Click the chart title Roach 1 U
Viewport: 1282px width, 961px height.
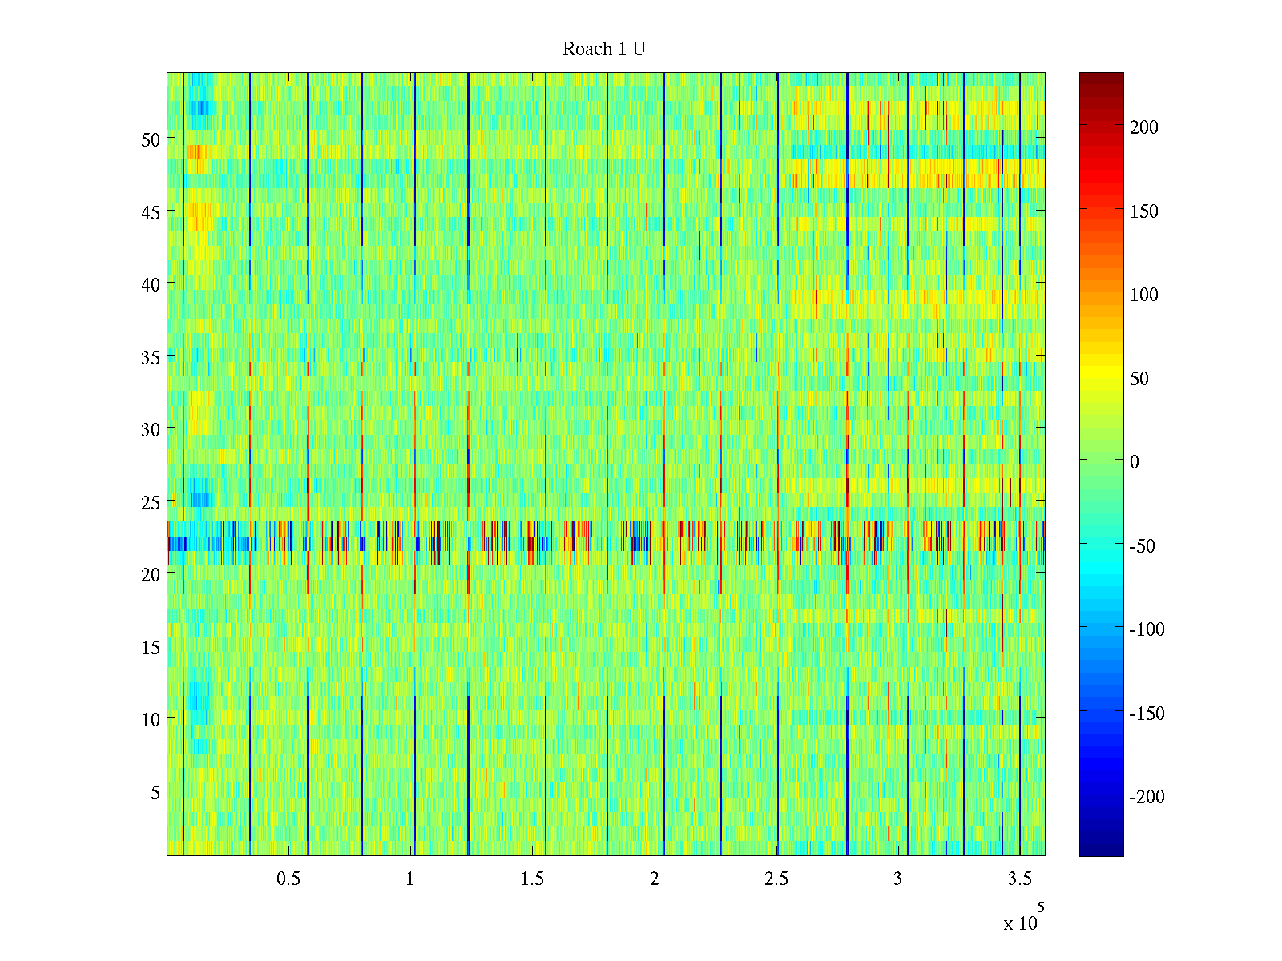[604, 50]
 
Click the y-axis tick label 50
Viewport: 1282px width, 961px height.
[151, 139]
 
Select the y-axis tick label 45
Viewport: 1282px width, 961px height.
[151, 212]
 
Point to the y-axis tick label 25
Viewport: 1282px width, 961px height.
[151, 502]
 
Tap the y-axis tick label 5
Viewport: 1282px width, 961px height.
[155, 792]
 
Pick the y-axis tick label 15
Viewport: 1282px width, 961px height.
[151, 647]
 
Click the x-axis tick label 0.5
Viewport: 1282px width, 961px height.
[288, 879]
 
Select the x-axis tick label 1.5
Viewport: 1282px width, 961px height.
[532, 879]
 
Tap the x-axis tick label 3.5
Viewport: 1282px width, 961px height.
[1019, 879]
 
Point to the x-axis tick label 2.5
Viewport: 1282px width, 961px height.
[776, 879]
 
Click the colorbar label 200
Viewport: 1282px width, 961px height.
[1144, 127]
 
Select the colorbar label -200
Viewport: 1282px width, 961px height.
[1147, 797]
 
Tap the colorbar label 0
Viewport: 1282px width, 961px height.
[1134, 462]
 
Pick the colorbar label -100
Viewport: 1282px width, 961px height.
[1147, 629]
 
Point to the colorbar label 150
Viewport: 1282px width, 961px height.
[1144, 211]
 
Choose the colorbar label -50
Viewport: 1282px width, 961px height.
[1143, 546]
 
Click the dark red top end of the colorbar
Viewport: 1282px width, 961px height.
[1101, 78]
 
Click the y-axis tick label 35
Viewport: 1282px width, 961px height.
[151, 357]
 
